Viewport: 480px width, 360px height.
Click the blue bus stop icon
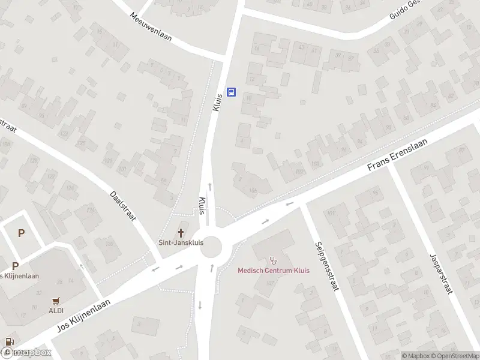tap(231, 92)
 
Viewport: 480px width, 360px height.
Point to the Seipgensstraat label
tap(326, 266)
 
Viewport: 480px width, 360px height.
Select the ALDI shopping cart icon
tap(56, 301)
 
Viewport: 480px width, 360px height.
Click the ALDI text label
tap(56, 310)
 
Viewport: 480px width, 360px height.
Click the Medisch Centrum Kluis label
tap(274, 271)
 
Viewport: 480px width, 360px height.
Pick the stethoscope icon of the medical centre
tap(274, 260)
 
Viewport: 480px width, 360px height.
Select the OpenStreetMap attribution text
tap(455, 356)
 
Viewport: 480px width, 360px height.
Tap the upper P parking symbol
tap(22, 233)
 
